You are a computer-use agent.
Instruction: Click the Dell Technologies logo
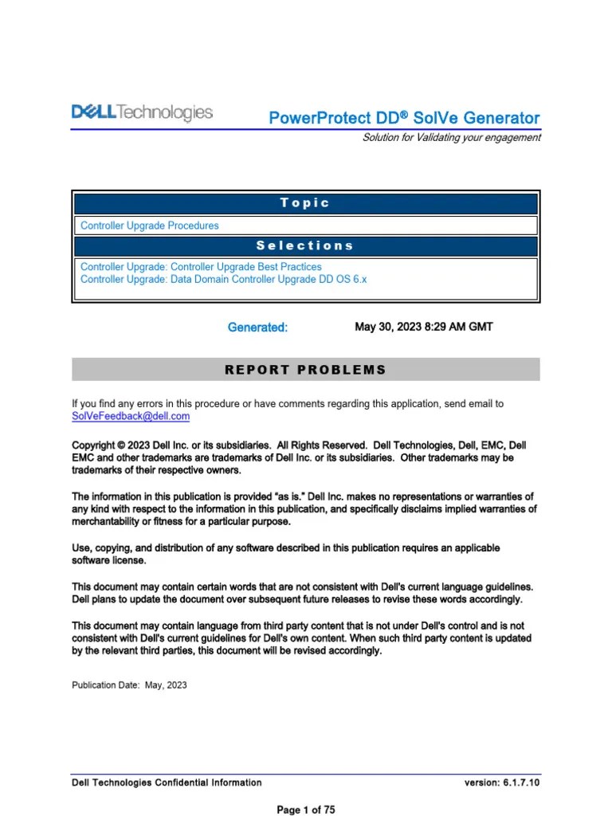tap(143, 113)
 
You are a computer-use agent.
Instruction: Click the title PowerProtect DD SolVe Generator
tap(404, 119)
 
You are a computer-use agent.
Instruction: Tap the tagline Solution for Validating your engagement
tap(451, 137)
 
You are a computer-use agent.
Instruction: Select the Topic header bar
tap(305, 203)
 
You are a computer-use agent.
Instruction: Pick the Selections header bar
tap(305, 246)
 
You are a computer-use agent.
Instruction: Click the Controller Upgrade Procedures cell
tap(149, 226)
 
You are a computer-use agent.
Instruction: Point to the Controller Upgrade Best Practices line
tap(201, 267)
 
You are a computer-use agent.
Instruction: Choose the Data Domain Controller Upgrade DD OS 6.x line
tap(223, 280)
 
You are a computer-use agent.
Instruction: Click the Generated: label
tap(257, 328)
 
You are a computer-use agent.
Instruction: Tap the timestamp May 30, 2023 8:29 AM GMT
tap(423, 327)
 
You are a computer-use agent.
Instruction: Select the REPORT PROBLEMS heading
tap(305, 370)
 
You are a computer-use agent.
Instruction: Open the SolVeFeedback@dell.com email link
tap(131, 416)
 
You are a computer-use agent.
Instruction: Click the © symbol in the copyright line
tap(122, 445)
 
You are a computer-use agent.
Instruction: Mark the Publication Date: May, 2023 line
tap(129, 685)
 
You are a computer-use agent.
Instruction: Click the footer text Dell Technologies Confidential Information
tap(167, 783)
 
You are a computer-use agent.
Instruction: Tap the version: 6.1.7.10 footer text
tap(502, 783)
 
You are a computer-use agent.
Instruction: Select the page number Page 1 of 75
tap(305, 810)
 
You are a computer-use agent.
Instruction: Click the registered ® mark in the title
tap(404, 114)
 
